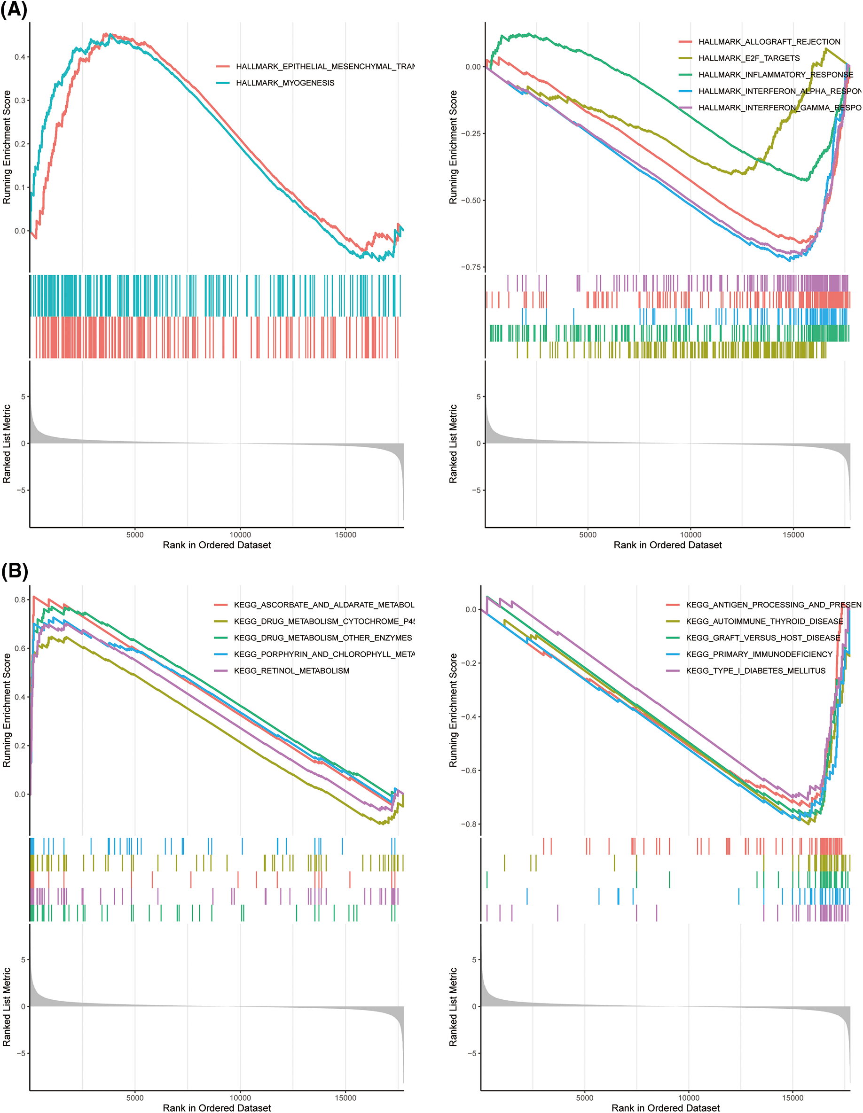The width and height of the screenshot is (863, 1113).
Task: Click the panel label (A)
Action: point(14,10)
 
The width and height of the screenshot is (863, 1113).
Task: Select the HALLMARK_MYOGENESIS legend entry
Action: point(285,83)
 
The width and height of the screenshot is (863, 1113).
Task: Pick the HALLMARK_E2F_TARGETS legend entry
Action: point(749,59)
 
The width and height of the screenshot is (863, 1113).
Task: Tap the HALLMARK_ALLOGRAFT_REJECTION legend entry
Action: point(769,42)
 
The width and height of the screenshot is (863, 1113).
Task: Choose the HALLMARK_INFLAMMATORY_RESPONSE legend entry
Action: point(775,75)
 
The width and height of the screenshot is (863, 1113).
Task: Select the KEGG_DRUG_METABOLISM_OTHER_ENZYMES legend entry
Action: point(322,638)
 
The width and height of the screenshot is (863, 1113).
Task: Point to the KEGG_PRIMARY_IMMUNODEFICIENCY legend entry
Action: point(759,654)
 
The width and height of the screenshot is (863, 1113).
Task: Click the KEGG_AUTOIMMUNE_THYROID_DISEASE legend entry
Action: point(764,622)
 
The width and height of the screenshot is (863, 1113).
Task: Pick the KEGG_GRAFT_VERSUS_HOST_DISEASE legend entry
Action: point(762,638)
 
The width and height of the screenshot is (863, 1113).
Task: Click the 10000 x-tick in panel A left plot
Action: point(240,535)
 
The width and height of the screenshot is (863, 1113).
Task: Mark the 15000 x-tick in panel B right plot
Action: point(792,1097)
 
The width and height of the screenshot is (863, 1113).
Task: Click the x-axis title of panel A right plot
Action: point(667,545)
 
